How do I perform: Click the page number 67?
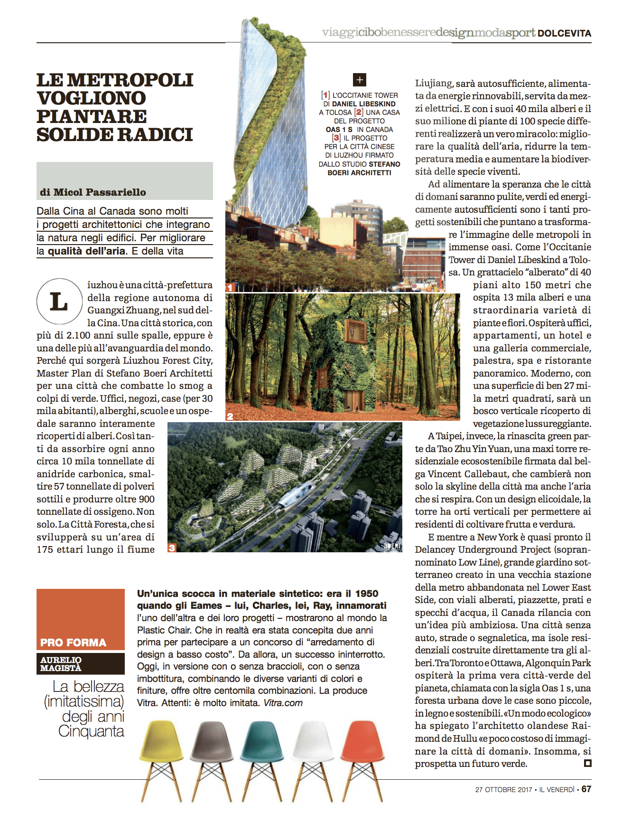(586, 789)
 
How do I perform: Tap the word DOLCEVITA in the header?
(564, 33)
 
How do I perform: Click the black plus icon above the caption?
(360, 79)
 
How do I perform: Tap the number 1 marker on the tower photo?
(230, 287)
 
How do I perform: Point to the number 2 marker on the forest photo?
(230, 416)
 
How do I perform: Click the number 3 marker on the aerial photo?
(172, 548)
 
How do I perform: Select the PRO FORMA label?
(73, 643)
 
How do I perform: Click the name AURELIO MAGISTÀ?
(61, 664)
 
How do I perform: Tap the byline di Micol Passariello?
(93, 192)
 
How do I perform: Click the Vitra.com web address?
(283, 703)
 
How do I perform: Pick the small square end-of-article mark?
(587, 763)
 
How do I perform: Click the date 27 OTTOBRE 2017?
(503, 789)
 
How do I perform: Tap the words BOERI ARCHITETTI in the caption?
(359, 173)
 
